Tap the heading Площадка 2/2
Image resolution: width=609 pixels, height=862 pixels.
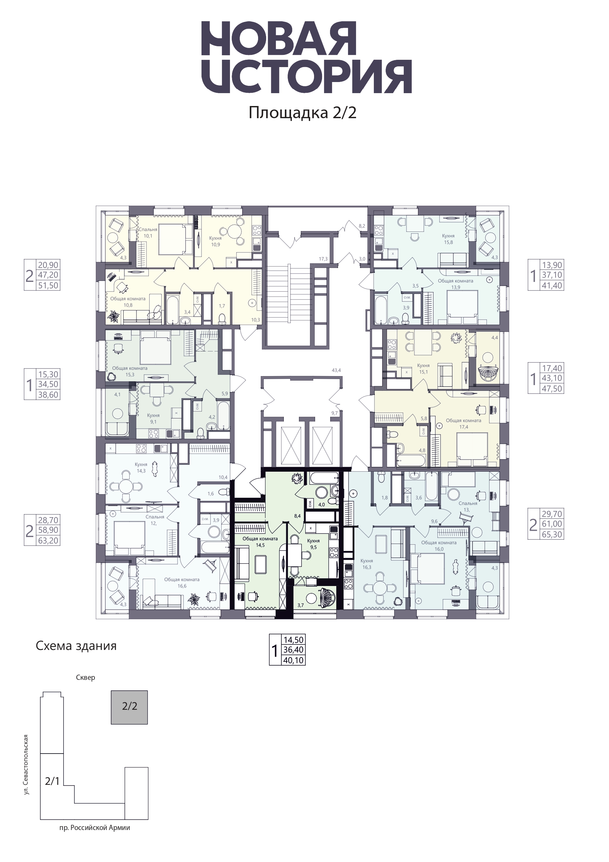pos(303,113)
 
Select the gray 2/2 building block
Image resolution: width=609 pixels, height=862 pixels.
pos(130,707)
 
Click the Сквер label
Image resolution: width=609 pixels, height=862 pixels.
pos(85,678)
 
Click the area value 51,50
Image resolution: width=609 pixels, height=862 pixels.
pos(48,285)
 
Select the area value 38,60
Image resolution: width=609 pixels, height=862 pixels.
pos(48,395)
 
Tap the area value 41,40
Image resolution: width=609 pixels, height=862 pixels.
pos(552,285)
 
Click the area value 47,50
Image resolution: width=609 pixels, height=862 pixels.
pos(552,389)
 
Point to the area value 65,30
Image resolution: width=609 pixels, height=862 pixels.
pos(552,534)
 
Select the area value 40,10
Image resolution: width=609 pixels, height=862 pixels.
pos(294,660)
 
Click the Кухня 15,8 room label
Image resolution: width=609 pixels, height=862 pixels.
pos(448,239)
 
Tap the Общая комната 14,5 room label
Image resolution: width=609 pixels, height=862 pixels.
pos(260,542)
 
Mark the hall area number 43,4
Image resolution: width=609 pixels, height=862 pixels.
pos(336,370)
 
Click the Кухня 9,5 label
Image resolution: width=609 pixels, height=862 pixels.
pos(313,544)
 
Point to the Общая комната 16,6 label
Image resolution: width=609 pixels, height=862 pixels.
pos(182,583)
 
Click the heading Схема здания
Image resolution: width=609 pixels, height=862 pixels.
pos(76,646)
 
